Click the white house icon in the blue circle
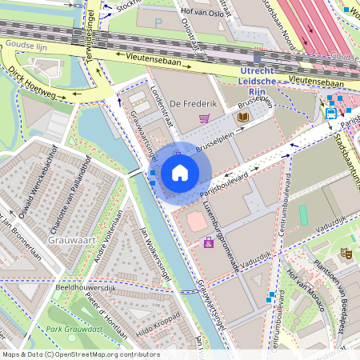point(180,172)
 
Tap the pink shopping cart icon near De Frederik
point(205,119)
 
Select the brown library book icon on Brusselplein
point(242,118)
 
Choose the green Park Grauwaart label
point(74,329)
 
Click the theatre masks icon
point(346,253)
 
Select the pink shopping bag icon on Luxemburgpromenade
point(209,242)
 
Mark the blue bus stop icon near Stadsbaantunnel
point(331,114)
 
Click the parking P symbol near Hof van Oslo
point(158,22)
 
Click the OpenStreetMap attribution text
point(81,354)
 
